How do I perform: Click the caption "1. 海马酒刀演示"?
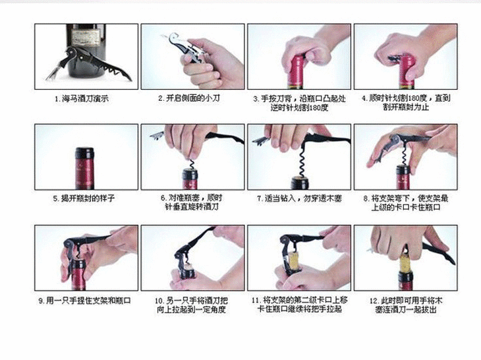[x=82, y=99]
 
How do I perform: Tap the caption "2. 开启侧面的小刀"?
[x=189, y=98]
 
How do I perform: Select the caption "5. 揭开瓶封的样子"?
[x=84, y=198]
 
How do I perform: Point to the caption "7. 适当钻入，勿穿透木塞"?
[x=299, y=198]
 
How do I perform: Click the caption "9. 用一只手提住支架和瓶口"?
[x=84, y=301]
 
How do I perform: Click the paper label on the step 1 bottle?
[x=86, y=37]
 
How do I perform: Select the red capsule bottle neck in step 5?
[x=84, y=169]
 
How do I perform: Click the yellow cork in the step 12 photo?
[x=405, y=263]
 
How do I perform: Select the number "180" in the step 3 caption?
[x=315, y=107]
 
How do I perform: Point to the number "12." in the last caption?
[x=374, y=301]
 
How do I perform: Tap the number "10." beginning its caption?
[x=159, y=301]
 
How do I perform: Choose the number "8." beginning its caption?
[x=366, y=198]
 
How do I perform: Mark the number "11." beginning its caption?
[x=256, y=301]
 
